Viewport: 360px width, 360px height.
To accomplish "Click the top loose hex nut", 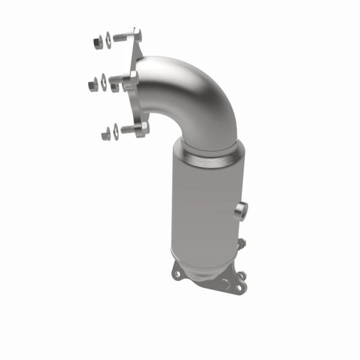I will point(98,43).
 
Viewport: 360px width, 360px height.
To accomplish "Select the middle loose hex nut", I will point(93,85).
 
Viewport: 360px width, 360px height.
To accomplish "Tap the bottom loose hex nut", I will point(106,134).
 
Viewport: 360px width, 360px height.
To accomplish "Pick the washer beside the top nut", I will point(108,40).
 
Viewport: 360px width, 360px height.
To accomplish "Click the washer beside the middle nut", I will point(103,80).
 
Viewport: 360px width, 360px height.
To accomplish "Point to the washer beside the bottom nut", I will point(115,130).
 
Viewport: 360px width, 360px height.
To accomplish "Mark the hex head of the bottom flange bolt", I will point(142,128).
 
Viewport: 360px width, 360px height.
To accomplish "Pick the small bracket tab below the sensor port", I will point(242,244).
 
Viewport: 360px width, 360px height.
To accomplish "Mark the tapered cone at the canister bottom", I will point(201,264).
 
